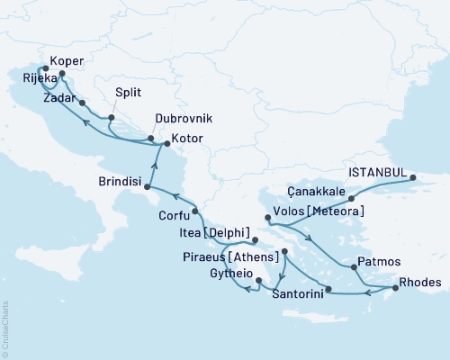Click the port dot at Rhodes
(x=394, y=289)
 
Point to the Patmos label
(x=373, y=263)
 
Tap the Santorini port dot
(x=328, y=290)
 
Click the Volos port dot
(x=267, y=218)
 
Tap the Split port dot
(x=111, y=118)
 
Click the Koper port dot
(x=62, y=75)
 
